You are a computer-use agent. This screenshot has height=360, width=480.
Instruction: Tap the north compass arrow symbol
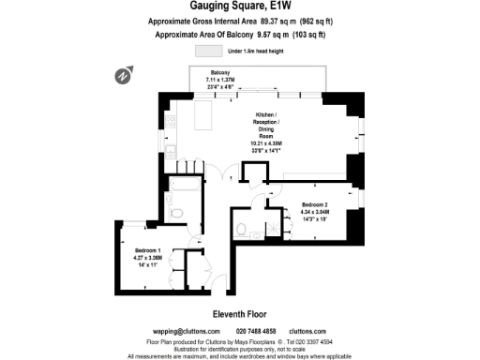[123, 74]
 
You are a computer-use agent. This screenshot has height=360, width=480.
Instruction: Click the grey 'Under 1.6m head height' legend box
[206, 51]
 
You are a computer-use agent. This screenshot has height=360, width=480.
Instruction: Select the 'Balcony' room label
[220, 73]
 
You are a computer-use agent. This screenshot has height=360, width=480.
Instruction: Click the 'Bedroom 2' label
[316, 203]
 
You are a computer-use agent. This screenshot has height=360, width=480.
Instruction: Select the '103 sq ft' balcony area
[307, 35]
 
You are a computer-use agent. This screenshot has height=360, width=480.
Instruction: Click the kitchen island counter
[202, 116]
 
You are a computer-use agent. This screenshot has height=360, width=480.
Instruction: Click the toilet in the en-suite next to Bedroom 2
[242, 228]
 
